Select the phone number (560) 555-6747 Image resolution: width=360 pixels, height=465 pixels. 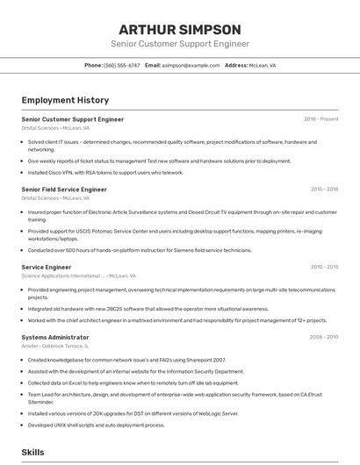pyautogui.click(x=122, y=65)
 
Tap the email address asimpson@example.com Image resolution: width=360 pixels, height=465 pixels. pyautogui.click(x=191, y=65)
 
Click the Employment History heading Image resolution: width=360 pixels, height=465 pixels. pyautogui.click(x=65, y=100)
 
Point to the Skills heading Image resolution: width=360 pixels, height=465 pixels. pyautogui.click(x=33, y=452)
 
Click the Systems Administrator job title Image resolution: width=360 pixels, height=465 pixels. pyautogui.click(x=54, y=337)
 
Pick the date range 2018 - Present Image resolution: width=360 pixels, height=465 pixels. pyautogui.click(x=320, y=119)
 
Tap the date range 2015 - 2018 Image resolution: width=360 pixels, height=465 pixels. pyautogui.click(x=324, y=189)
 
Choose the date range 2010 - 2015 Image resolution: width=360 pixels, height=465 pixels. pyautogui.click(x=324, y=267)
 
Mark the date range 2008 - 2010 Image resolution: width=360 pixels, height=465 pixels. pyautogui.click(x=324, y=337)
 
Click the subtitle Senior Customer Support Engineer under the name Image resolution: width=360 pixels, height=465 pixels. pyautogui.click(x=180, y=44)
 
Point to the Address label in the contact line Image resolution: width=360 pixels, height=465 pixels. pyautogui.click(x=236, y=65)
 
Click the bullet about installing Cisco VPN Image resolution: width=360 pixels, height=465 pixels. pyautogui.click(x=105, y=173)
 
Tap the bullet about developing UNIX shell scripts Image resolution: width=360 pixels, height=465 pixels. pyautogui.click(x=96, y=425)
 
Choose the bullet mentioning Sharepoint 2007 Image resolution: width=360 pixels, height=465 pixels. pyautogui.click(x=126, y=360)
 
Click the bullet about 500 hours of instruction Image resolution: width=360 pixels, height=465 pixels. pyautogui.click(x=139, y=251)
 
